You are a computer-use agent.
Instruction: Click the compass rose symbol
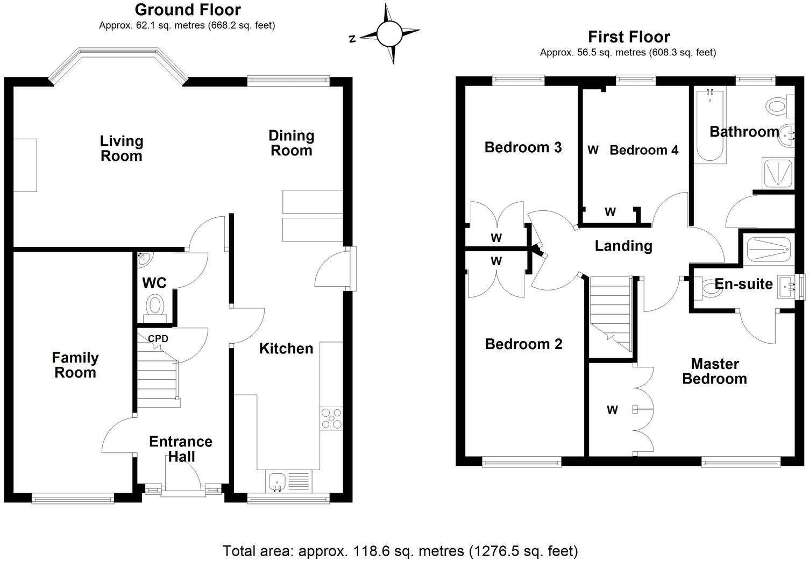pos(389,34)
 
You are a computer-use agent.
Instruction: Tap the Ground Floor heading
pos(187,10)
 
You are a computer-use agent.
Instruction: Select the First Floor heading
pos(628,37)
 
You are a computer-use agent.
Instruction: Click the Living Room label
pos(122,148)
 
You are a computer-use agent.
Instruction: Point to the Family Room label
pos(75,365)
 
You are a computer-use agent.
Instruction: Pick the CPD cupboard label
pos(158,339)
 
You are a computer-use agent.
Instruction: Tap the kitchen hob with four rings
pos(331,418)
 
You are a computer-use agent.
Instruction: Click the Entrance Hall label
pos(181,449)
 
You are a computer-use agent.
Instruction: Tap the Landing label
pos(623,246)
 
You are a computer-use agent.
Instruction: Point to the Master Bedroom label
pos(714,371)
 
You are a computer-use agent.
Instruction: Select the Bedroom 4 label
pos(644,150)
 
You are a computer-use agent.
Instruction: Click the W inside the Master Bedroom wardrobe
pos(612,410)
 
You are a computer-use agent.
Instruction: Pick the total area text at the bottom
pos(400,551)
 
